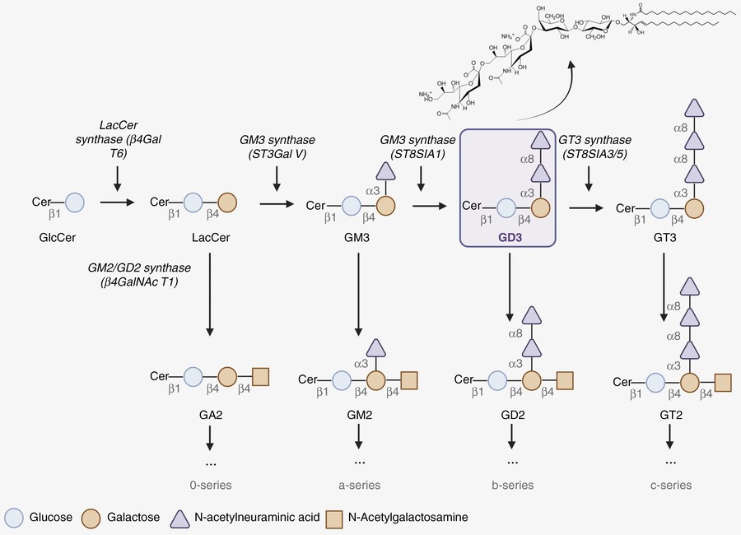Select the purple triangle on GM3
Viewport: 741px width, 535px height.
click(381, 170)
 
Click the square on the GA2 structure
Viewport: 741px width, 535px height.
click(262, 377)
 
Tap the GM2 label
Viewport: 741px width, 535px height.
click(360, 414)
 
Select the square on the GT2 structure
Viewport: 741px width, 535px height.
click(722, 382)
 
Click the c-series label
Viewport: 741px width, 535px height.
click(669, 485)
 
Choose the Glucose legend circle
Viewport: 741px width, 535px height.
click(14, 518)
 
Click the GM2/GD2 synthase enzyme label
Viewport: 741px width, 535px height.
click(141, 276)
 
